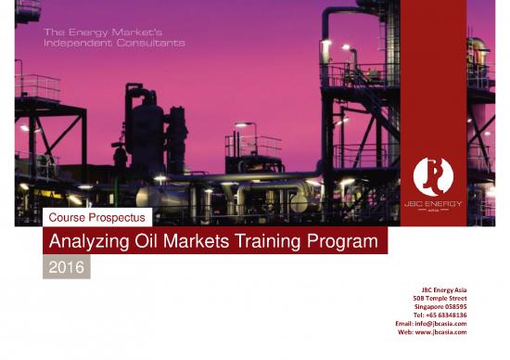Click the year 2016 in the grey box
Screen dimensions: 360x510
(x=68, y=269)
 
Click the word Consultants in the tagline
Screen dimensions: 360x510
(x=151, y=43)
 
